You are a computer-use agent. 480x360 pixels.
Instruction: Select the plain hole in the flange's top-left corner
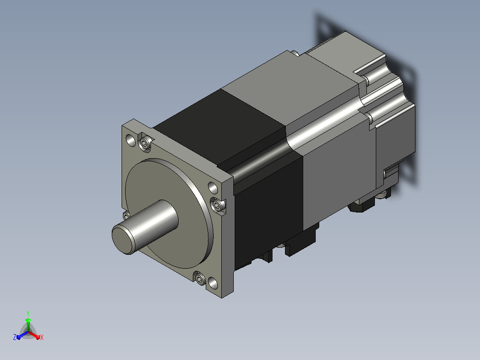[x=131, y=140]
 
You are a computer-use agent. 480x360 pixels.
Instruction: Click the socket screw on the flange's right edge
[x=217, y=205]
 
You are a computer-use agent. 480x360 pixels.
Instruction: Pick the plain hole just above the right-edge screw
[x=213, y=188]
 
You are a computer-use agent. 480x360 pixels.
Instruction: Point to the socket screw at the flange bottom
[x=200, y=279]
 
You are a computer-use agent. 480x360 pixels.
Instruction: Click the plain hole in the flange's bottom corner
[x=213, y=283]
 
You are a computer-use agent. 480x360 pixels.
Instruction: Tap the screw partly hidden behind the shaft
[x=126, y=216]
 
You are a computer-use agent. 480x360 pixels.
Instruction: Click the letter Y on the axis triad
[x=28, y=314]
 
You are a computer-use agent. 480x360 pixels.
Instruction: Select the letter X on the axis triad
[x=42, y=337]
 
